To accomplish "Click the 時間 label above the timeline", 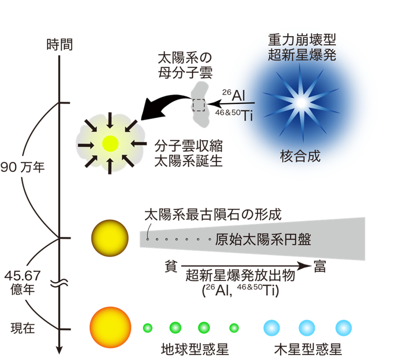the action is click(60, 45).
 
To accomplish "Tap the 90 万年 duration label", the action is click(23, 167).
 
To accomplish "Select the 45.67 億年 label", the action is click(23, 282).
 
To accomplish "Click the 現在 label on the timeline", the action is click(23, 328).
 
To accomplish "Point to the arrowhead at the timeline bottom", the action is click(59, 350).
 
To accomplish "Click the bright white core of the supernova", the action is click(301, 103).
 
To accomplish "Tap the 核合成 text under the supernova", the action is click(300, 156).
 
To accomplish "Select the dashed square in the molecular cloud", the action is click(199, 105).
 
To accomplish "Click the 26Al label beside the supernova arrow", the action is click(233, 95).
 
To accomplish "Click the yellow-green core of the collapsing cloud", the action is click(110, 144).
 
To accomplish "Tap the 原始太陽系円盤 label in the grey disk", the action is click(263, 239).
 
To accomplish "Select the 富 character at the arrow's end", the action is click(320, 266).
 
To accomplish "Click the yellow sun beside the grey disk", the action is click(110, 238).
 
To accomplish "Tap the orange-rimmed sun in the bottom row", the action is click(110, 328).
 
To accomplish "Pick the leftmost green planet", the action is click(148, 328).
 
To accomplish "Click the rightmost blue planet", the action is click(343, 328).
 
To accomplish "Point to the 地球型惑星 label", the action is click(195, 349).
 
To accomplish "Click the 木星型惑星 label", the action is click(308, 349).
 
